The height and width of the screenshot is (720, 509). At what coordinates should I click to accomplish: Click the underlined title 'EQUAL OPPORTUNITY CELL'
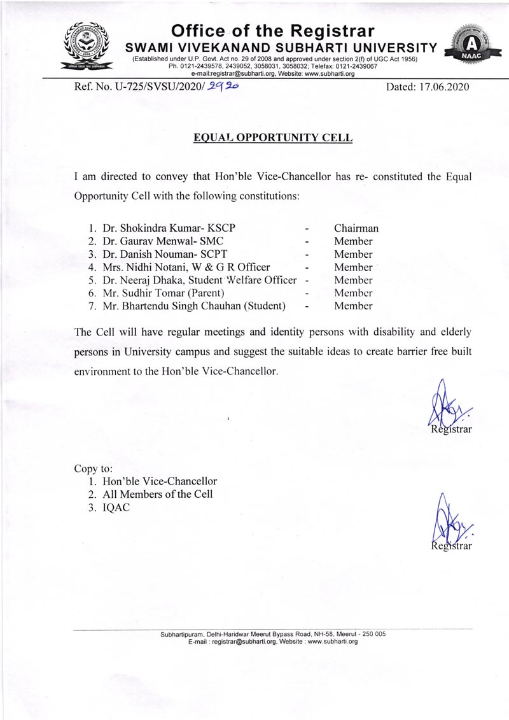pyautogui.click(x=273, y=137)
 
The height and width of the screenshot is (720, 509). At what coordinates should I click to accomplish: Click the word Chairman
pyautogui.click(x=356, y=228)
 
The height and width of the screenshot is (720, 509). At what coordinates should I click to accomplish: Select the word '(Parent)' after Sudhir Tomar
pyautogui.click(x=203, y=293)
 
